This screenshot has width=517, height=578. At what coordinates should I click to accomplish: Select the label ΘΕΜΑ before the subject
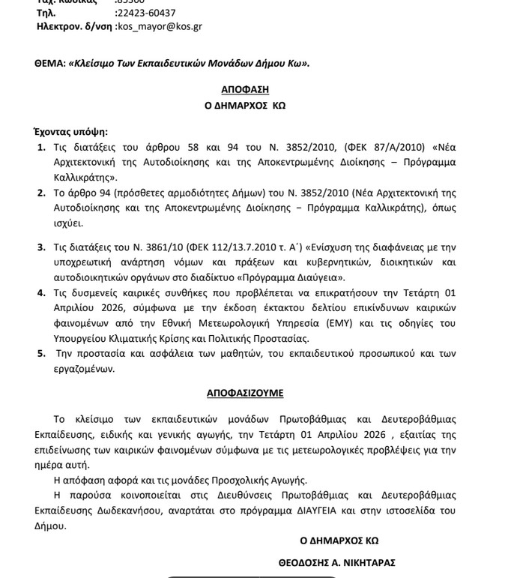click(49, 63)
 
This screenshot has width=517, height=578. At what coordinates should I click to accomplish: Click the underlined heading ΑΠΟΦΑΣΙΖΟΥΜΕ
click(245, 393)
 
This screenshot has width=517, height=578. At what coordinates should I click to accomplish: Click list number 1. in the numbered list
click(42, 146)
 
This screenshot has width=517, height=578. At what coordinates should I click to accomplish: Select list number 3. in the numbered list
click(42, 247)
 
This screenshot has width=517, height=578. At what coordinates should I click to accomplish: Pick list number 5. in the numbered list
click(42, 354)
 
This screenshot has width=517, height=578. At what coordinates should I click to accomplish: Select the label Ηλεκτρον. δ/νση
click(75, 26)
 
